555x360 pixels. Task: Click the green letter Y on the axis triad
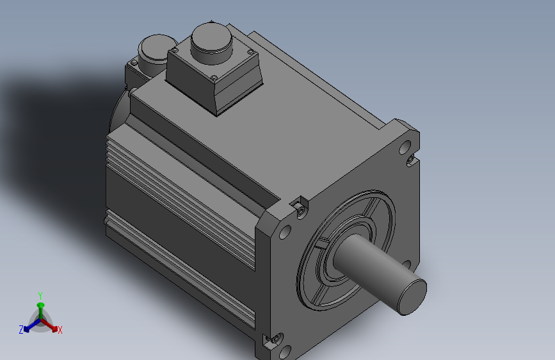(40, 295)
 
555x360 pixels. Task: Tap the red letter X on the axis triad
(60, 330)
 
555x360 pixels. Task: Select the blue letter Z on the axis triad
(21, 330)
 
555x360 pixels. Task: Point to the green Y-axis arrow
(40, 308)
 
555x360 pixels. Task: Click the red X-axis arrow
(51, 325)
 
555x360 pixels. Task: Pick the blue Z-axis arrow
(29, 325)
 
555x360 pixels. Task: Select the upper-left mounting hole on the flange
(286, 231)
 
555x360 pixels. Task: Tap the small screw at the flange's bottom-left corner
(277, 338)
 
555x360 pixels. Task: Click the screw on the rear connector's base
(134, 63)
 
